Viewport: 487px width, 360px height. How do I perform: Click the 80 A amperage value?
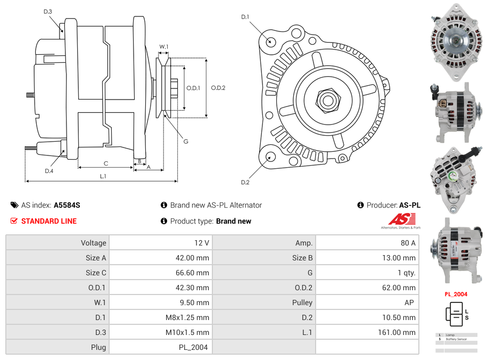(408, 243)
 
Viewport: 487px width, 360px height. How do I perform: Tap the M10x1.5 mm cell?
(187, 332)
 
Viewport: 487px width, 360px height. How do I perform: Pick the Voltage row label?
(93, 243)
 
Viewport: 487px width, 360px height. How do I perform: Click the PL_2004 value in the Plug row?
(194, 347)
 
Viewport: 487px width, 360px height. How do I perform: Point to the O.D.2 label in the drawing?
(218, 88)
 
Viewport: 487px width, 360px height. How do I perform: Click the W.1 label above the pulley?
(164, 47)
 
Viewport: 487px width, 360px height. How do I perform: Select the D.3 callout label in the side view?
(47, 11)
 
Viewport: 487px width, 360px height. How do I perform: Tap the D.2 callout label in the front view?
(245, 183)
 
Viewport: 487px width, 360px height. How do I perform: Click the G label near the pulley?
(186, 142)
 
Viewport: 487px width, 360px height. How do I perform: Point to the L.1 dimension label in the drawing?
(103, 176)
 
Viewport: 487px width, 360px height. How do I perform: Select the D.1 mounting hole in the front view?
(270, 42)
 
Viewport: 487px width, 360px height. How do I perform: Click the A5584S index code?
(67, 205)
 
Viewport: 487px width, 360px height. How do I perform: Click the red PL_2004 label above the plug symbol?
(456, 294)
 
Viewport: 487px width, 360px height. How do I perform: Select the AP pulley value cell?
(408, 302)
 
